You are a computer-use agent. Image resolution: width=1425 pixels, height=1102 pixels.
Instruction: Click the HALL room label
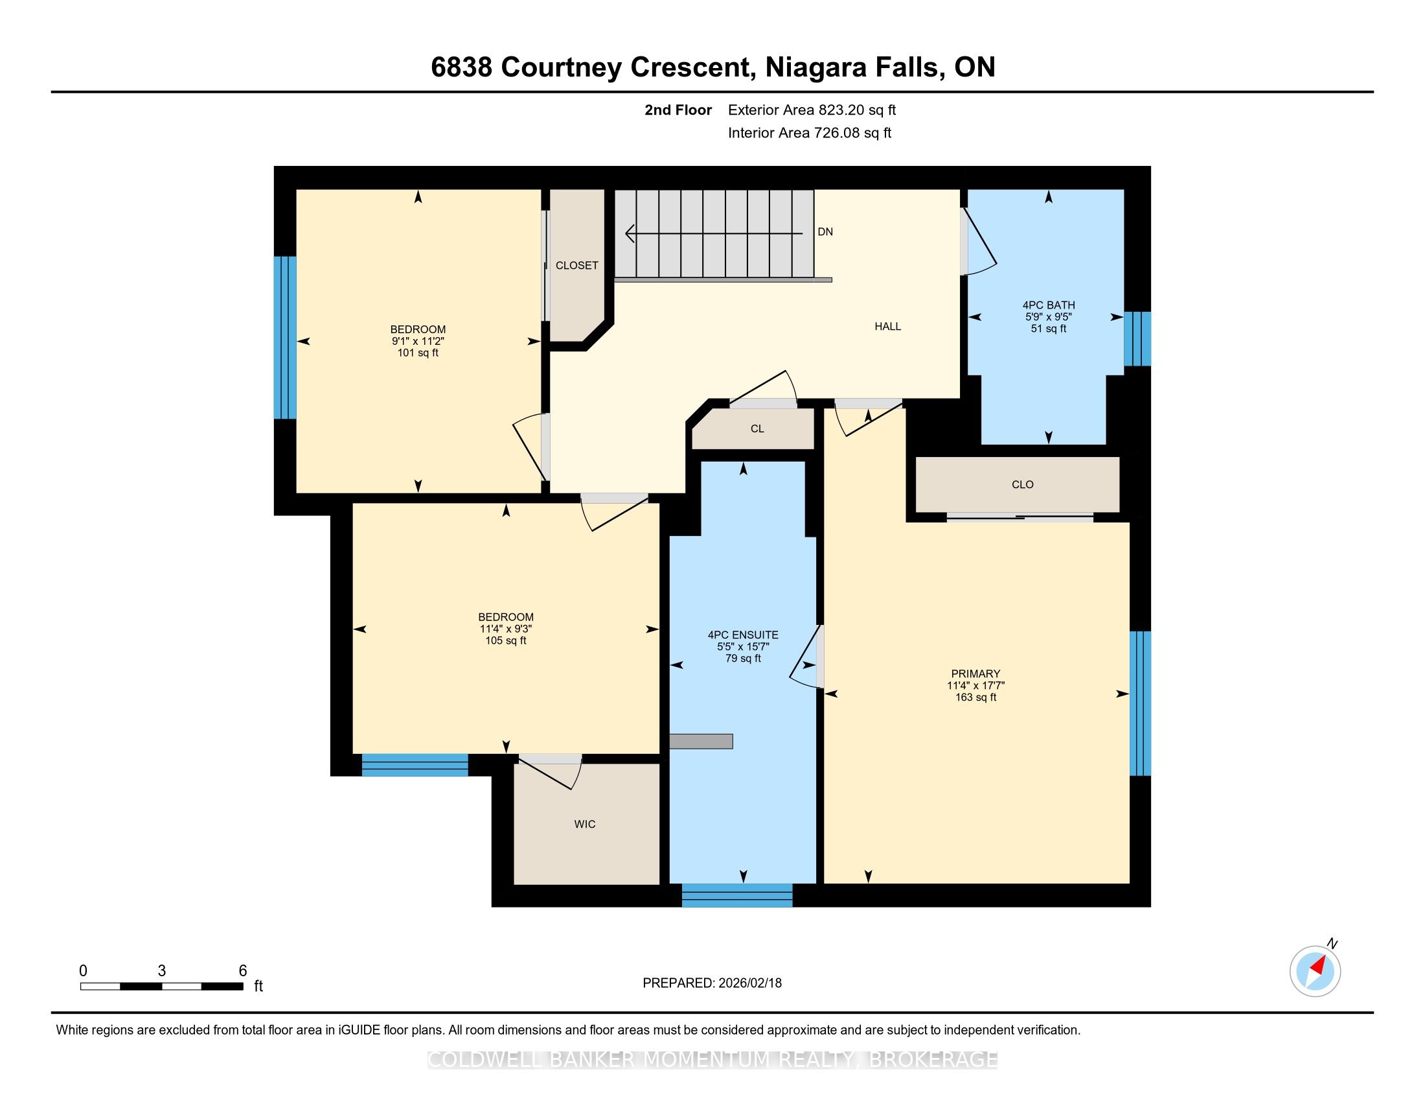coord(887,327)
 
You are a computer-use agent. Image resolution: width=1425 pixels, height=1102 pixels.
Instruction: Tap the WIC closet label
coord(585,824)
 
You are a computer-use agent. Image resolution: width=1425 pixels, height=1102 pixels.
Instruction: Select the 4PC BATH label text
coord(1049,305)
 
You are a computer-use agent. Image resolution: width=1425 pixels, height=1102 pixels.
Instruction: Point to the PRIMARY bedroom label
coord(975,674)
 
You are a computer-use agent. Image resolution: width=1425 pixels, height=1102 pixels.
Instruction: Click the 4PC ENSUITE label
coord(743,635)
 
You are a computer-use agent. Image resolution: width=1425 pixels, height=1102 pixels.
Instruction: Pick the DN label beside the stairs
coord(825,232)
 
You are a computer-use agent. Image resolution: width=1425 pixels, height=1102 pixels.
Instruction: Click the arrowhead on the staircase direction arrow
coord(630,233)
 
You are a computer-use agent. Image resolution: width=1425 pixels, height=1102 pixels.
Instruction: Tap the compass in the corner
coord(1316,970)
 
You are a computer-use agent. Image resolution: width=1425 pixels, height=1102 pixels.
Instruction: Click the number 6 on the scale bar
coord(243,970)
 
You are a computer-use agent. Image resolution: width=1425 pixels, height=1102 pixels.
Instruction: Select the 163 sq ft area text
coord(975,698)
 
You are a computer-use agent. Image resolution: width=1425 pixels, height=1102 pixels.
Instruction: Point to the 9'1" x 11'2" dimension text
coord(418,341)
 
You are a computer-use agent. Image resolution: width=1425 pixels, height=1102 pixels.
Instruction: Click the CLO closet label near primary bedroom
coord(1022,484)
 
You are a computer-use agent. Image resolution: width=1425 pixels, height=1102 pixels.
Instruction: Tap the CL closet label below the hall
coord(757,429)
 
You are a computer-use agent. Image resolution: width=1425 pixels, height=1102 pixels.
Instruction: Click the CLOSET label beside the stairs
coord(576,266)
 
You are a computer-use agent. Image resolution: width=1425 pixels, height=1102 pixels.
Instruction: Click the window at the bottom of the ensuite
coord(737,895)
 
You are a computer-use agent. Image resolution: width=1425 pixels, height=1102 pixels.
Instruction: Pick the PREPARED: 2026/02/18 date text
coord(712,983)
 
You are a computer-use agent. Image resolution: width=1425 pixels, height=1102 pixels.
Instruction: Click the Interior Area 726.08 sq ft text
coord(809,133)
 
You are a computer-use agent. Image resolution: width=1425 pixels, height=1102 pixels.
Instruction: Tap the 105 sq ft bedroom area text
coord(506,640)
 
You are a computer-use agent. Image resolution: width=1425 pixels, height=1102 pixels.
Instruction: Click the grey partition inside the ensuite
coord(701,741)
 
